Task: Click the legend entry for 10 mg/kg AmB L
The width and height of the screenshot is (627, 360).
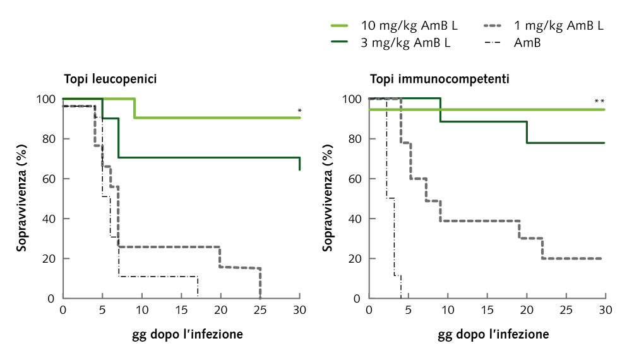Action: click(409, 26)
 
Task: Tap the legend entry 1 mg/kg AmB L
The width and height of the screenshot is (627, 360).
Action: click(559, 26)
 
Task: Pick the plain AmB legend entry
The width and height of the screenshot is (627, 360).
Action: click(527, 43)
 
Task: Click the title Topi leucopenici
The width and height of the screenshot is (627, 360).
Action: click(110, 80)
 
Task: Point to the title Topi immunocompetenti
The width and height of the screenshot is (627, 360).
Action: click(440, 80)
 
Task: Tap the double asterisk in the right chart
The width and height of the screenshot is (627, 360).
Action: click(599, 102)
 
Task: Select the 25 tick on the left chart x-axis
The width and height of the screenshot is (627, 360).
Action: click(260, 310)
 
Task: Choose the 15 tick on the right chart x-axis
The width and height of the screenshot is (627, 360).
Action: click(487, 310)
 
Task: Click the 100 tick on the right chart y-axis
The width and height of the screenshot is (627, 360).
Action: click(352, 99)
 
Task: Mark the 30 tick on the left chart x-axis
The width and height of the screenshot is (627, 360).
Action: click(299, 310)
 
